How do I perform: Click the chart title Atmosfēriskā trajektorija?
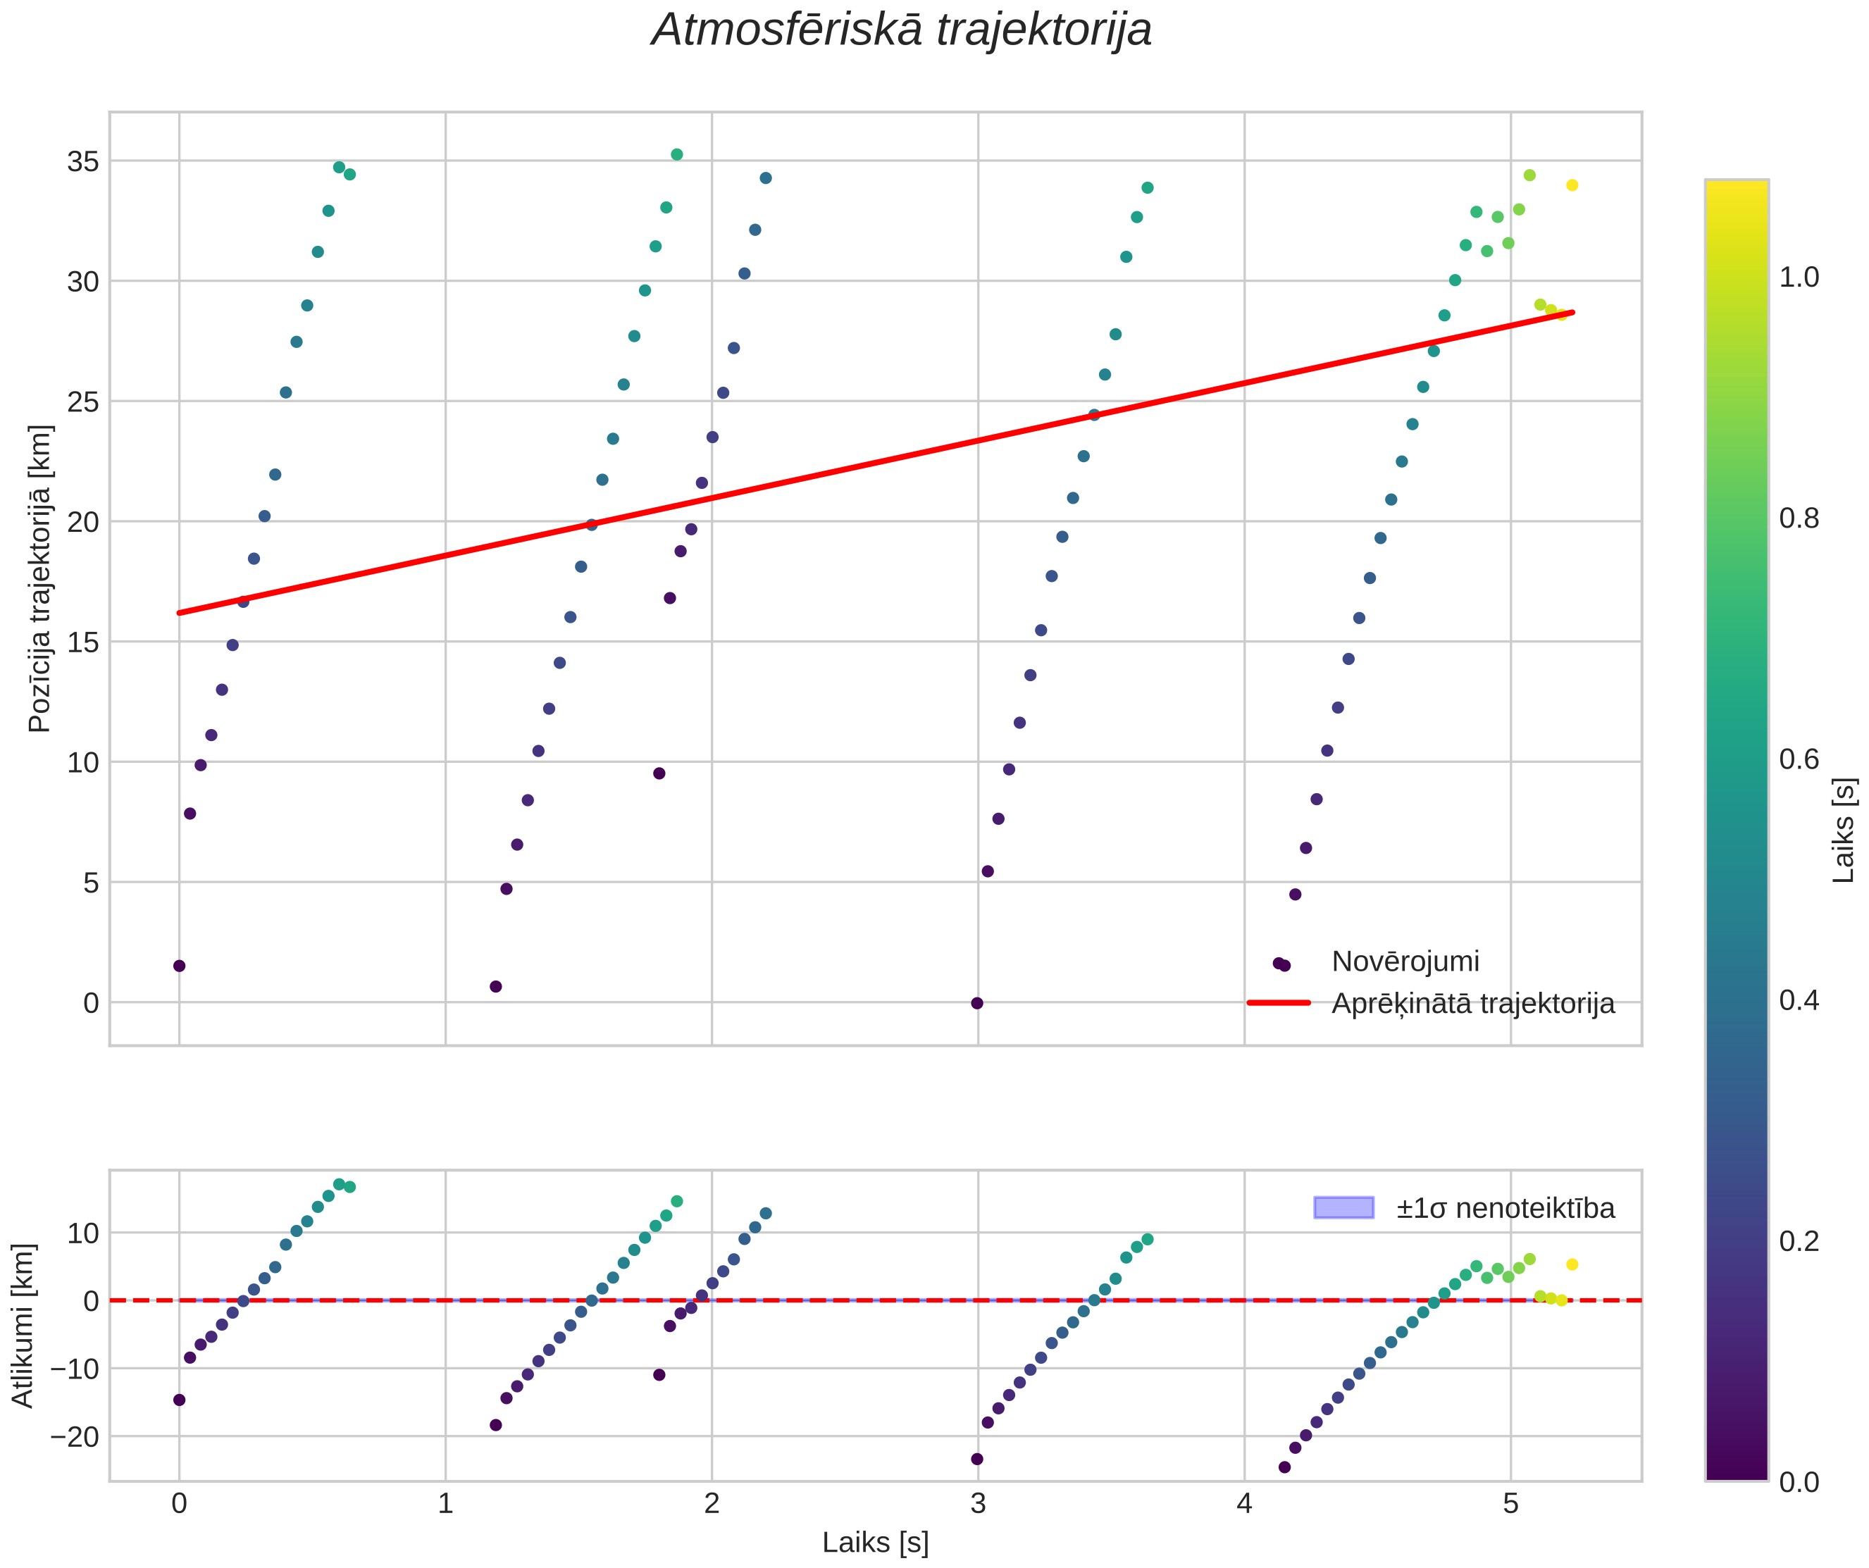[x=902, y=30]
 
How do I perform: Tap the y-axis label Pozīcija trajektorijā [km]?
[x=40, y=578]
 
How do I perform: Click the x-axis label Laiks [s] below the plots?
[x=876, y=1542]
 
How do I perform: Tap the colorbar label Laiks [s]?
[x=1844, y=830]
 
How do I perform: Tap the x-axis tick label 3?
[x=978, y=1504]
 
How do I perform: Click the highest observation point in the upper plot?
[x=676, y=155]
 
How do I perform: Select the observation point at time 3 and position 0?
[x=976, y=1004]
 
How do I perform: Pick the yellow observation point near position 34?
[x=1572, y=185]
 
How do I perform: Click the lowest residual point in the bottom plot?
[x=1284, y=1467]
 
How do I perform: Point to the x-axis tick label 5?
[x=1510, y=1504]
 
